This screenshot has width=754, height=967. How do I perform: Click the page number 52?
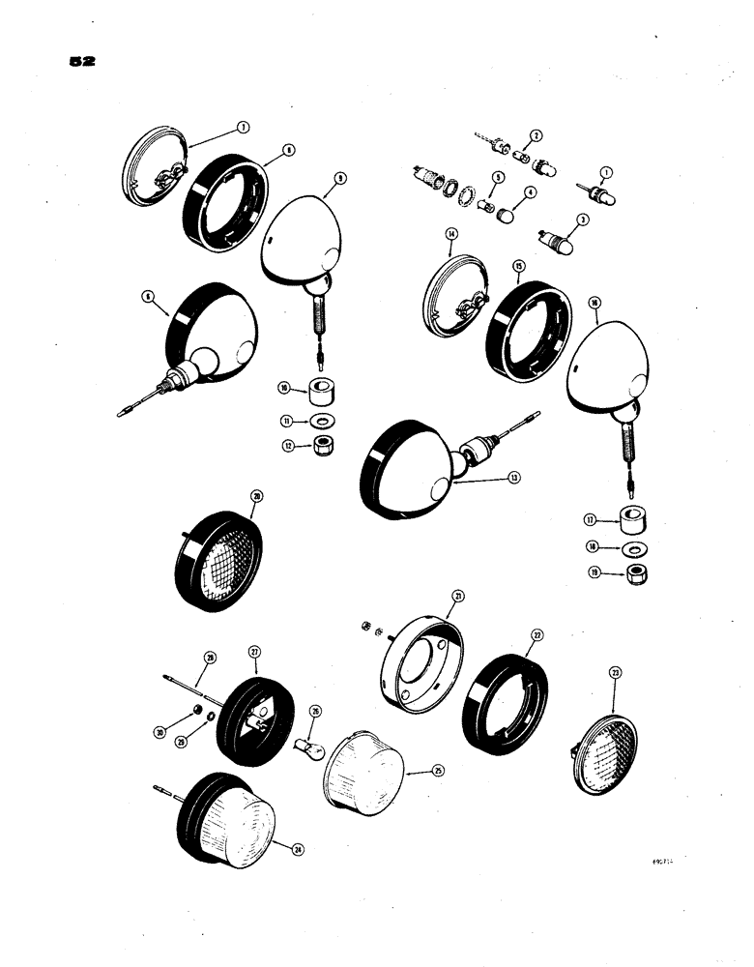point(82,61)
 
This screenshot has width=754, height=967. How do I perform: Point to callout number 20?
point(256,497)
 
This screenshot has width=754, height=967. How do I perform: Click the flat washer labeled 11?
point(319,422)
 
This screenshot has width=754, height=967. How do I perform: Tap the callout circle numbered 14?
point(450,234)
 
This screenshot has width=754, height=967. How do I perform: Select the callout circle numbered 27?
point(255,652)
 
